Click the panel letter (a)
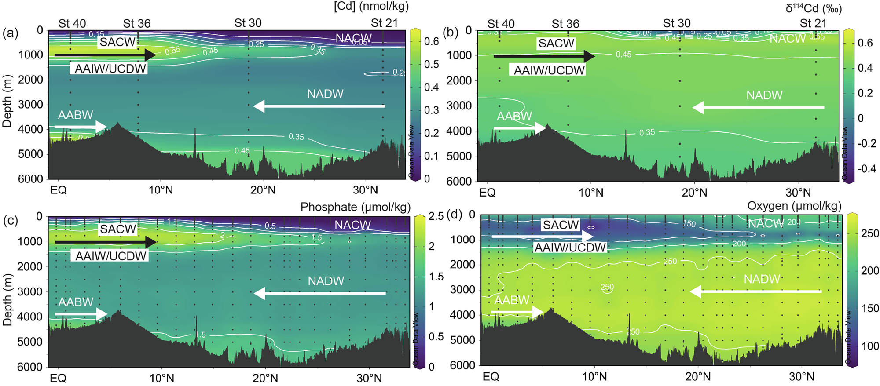click(x=10, y=33)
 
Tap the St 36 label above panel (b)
click(x=565, y=24)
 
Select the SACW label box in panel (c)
click(x=118, y=229)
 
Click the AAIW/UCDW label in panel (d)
click(x=570, y=248)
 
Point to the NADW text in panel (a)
click(x=325, y=94)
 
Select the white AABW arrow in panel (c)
click(x=81, y=314)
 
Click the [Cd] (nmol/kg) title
click(x=371, y=7)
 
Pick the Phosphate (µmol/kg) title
click(x=355, y=207)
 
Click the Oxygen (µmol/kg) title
click(x=794, y=206)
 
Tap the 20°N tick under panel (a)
click(x=263, y=190)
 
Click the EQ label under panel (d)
click(x=491, y=377)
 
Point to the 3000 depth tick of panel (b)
click(x=459, y=106)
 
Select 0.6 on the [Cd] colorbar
click(x=432, y=41)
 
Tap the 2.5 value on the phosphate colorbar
click(x=436, y=216)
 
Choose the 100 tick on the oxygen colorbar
click(x=870, y=346)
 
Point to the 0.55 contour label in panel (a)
click(x=172, y=51)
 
